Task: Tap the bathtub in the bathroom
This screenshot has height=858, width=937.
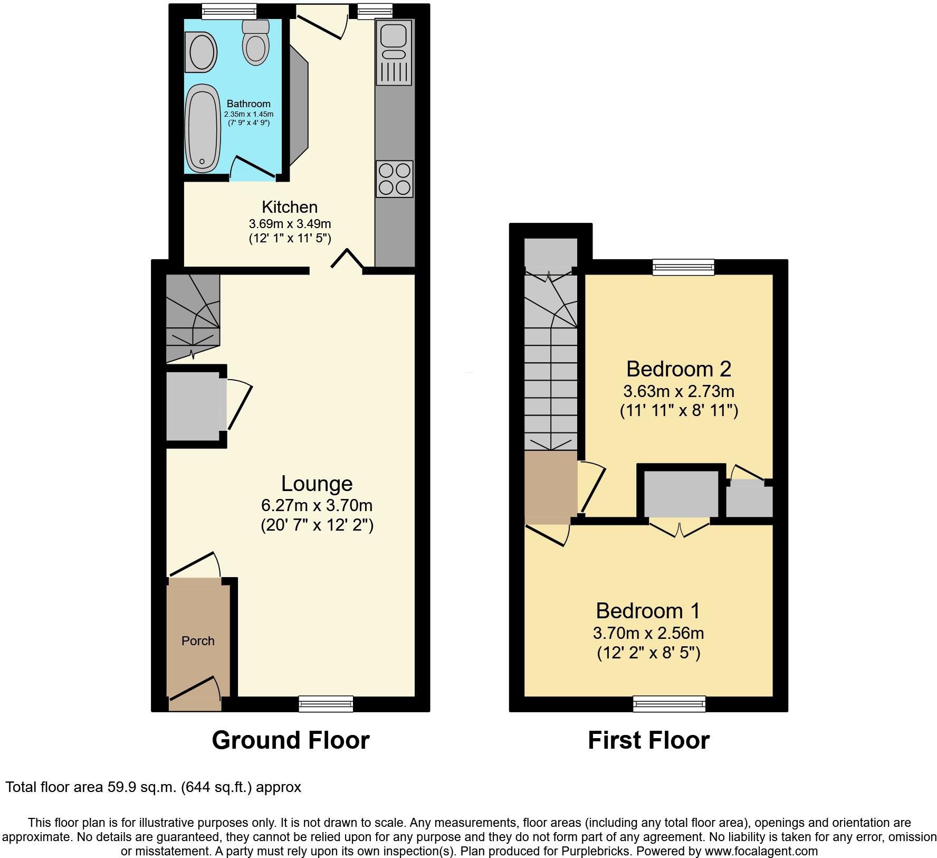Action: coord(202,128)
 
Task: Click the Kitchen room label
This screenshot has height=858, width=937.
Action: coord(290,207)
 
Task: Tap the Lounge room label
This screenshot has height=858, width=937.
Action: coord(317,484)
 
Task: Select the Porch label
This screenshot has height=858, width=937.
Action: coord(198,641)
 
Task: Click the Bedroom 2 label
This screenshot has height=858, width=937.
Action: coord(678,369)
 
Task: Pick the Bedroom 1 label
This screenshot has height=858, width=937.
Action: coord(648,611)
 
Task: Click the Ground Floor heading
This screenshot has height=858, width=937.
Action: coord(291,740)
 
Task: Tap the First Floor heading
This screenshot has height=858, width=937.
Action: coord(648,740)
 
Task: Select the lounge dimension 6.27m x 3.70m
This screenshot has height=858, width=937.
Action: coord(317,506)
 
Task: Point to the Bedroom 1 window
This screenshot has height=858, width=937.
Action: coord(669,704)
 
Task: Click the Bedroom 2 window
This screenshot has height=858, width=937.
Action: coord(683,267)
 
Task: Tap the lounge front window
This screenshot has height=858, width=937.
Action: coord(326,704)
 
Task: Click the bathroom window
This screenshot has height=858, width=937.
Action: coord(229,11)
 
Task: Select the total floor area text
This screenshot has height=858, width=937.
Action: coord(153,787)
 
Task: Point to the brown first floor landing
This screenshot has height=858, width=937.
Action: coord(551,486)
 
